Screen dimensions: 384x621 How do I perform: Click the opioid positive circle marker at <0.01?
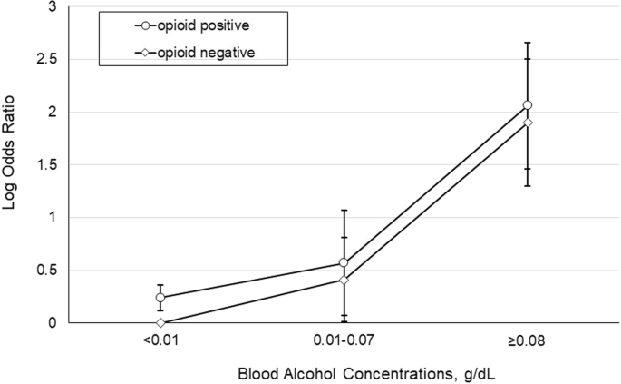160,298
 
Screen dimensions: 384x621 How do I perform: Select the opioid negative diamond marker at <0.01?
160,322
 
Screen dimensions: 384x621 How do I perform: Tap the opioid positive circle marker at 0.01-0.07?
344,263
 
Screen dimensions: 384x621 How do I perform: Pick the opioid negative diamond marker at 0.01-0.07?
344,280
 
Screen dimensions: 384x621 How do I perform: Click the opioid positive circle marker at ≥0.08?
528,105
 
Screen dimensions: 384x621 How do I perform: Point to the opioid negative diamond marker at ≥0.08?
528,123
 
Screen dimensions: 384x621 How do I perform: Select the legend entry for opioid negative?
206,52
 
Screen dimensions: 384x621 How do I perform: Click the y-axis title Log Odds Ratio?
12,162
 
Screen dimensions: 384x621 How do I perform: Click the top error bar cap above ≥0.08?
528,43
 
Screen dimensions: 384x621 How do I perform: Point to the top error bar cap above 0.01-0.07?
344,210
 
